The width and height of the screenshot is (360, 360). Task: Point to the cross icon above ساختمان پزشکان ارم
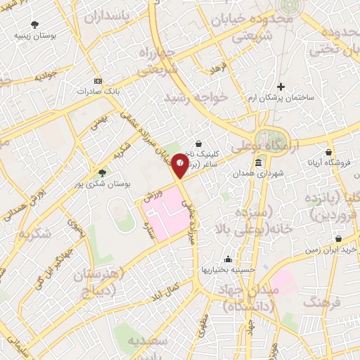[x=281, y=86]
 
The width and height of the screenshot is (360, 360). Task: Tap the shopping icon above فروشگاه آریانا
[x=329, y=152]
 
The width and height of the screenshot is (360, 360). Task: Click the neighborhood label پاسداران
[x=120, y=16]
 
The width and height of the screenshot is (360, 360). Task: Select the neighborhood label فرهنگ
[x=323, y=302]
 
